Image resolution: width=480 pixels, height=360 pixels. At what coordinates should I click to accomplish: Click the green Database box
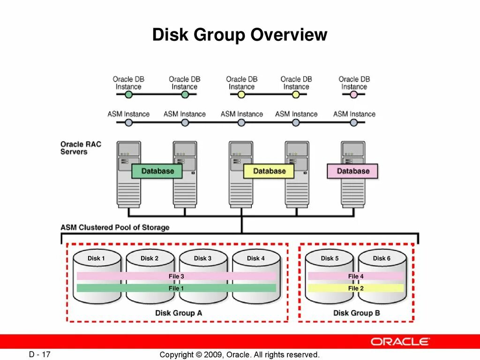pyautogui.click(x=157, y=171)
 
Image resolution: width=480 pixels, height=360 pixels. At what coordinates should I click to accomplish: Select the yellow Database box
pyautogui.click(x=269, y=171)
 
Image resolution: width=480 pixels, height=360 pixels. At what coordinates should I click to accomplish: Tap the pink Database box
pyautogui.click(x=352, y=171)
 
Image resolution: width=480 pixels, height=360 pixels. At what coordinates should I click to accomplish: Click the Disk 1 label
pyautogui.click(x=96, y=258)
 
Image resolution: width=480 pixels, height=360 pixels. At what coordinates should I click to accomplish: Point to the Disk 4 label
pyautogui.click(x=256, y=258)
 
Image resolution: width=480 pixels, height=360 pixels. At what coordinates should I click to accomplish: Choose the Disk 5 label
pyautogui.click(x=330, y=258)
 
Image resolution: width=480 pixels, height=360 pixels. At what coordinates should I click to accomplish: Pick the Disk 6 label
pyautogui.click(x=382, y=258)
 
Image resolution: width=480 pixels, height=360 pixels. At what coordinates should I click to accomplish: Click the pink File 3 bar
pyautogui.click(x=176, y=277)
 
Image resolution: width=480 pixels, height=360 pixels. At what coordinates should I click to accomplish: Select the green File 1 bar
pyautogui.click(x=176, y=288)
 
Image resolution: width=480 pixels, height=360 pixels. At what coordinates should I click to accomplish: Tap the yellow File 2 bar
pyautogui.click(x=356, y=288)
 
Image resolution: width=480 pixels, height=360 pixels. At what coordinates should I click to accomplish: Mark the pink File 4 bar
pyautogui.click(x=356, y=277)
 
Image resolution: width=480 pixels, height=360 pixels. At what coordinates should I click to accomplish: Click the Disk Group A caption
pyautogui.click(x=179, y=313)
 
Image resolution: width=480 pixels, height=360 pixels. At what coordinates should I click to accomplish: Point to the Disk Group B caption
pyautogui.click(x=356, y=313)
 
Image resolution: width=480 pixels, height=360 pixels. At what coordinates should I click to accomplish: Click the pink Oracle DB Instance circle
pyautogui.click(x=354, y=94)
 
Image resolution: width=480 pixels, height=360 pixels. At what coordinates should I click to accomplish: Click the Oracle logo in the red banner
pyautogui.click(x=400, y=341)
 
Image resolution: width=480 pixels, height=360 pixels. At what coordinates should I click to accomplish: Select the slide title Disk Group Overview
pyautogui.click(x=240, y=35)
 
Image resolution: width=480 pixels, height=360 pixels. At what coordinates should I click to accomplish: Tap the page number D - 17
pyautogui.click(x=39, y=354)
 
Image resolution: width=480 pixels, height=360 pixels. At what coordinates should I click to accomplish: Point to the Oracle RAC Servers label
pyautogui.click(x=81, y=148)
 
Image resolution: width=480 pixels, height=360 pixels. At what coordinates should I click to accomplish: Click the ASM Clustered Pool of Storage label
pyautogui.click(x=115, y=227)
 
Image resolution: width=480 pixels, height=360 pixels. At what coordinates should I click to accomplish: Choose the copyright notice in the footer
pyautogui.click(x=240, y=355)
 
